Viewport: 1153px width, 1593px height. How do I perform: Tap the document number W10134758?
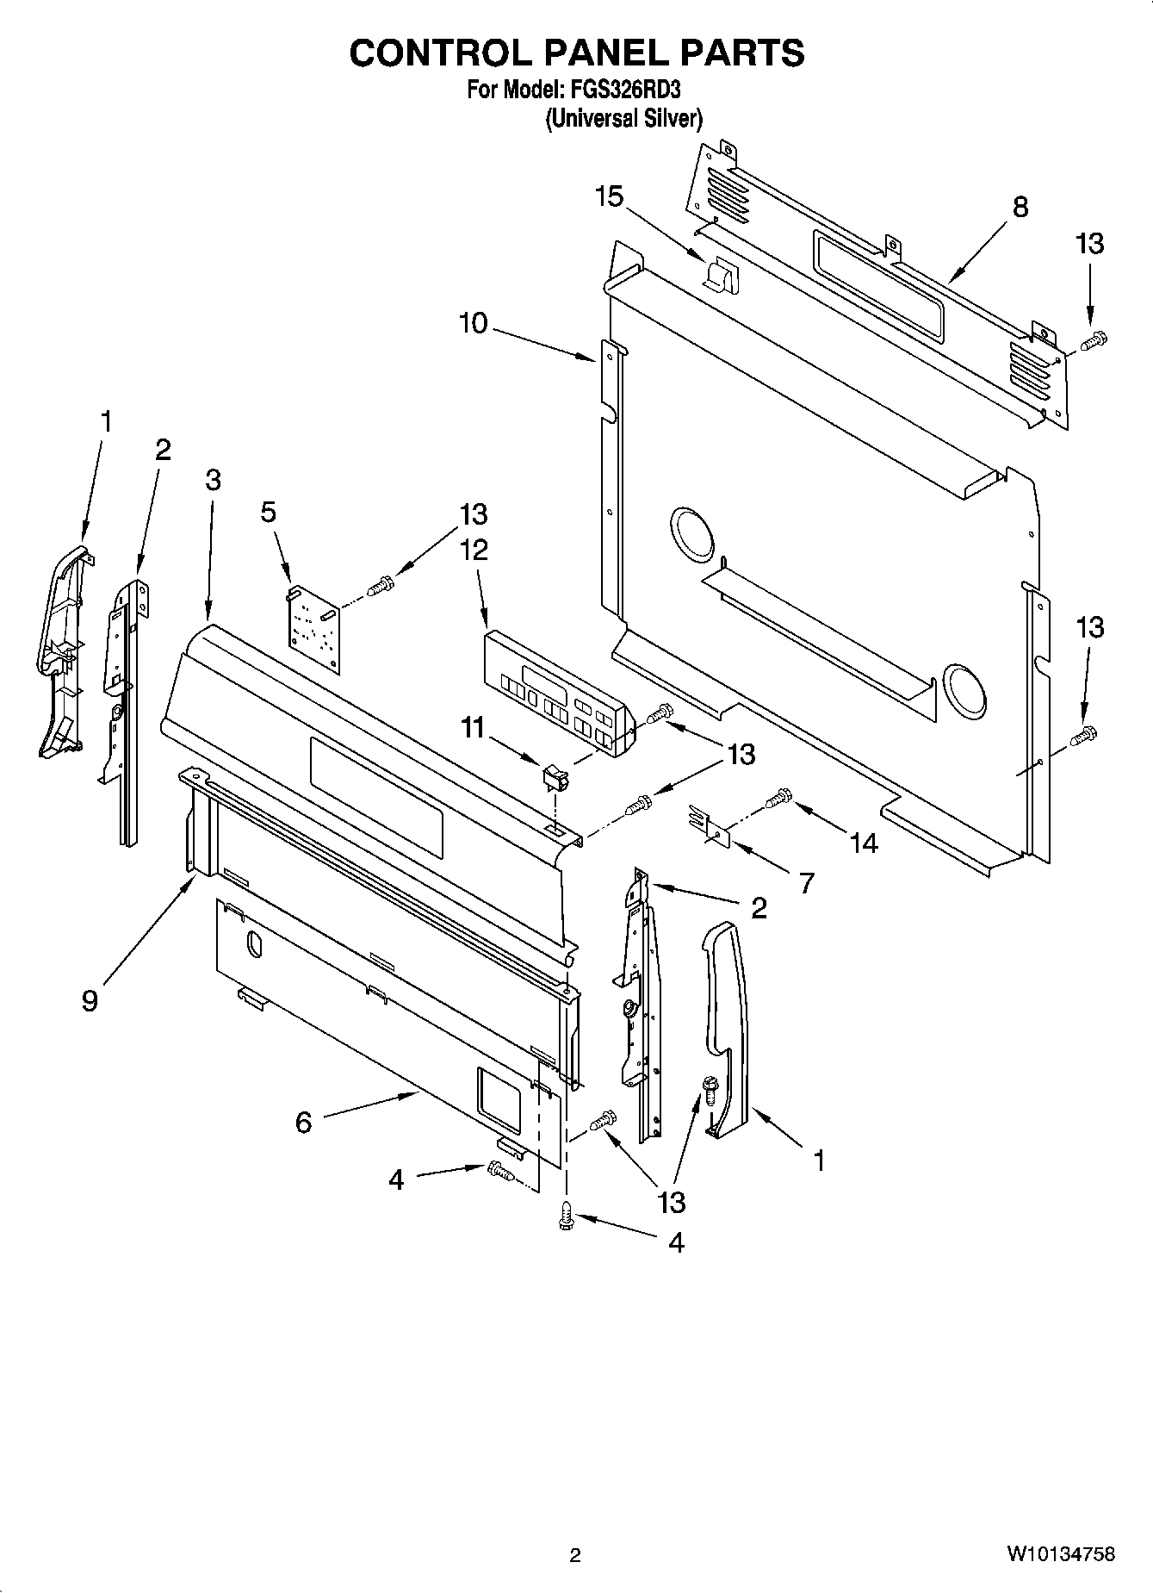pos(1061,1554)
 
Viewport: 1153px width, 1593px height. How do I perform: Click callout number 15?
pos(609,197)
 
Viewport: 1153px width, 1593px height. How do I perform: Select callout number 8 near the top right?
pos(1020,207)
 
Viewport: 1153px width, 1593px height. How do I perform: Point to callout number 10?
pos(474,324)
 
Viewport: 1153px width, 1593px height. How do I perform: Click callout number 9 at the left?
pos(90,1000)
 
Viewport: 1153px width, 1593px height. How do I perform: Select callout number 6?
pos(303,1123)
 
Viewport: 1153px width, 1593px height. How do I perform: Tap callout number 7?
pos(806,882)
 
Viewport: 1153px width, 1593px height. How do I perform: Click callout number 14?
pos(864,842)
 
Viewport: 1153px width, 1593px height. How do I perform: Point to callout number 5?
pos(269,512)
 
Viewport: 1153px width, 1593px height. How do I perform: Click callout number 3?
pos(213,480)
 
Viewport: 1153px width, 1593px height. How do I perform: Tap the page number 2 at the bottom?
pos(575,1555)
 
